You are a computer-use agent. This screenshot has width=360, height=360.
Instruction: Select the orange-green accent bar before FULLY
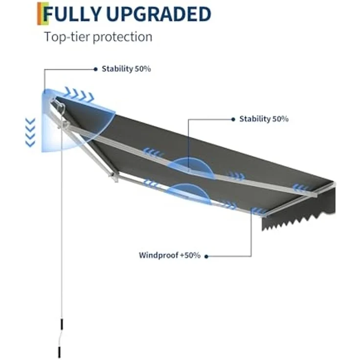pos(43,14)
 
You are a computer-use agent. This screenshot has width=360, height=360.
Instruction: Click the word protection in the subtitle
pos(122,37)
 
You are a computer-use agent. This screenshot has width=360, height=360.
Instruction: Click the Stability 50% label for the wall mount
pos(126,68)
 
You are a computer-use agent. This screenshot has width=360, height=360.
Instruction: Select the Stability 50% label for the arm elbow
pos(264,119)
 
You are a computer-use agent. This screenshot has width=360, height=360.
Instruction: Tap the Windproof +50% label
pos(170,255)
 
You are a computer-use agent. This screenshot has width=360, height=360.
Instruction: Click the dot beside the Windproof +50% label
pos(206,256)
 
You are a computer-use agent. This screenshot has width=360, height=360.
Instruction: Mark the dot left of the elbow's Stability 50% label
pos(233,119)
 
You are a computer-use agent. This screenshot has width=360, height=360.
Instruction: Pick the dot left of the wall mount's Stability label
pos(96,69)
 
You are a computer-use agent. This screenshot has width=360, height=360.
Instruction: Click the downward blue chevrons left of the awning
pos(30,132)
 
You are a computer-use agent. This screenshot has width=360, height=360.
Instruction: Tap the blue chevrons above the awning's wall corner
pos(79,94)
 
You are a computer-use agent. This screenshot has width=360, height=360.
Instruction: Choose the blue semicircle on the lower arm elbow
pos(189,193)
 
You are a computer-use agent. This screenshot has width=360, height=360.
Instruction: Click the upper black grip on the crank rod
pos(62,324)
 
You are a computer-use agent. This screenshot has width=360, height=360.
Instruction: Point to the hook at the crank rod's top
pos(61,108)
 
